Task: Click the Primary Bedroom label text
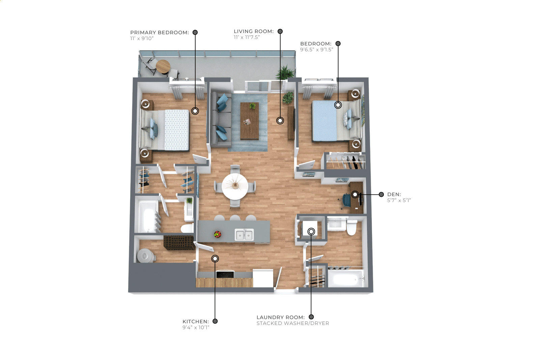(159, 33)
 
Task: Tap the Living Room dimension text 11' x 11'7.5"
(247, 37)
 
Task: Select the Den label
(394, 194)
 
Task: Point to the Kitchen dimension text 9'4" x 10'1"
(196, 327)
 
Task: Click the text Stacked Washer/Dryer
(293, 323)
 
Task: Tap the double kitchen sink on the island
(244, 235)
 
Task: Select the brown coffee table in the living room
(250, 121)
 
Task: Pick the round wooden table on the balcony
(163, 66)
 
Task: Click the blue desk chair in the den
(345, 201)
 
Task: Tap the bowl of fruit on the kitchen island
(218, 234)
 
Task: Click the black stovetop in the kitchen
(225, 274)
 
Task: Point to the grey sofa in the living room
(221, 120)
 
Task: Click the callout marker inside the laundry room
(311, 232)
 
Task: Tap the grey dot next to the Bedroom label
(338, 43)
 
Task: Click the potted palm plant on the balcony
(285, 72)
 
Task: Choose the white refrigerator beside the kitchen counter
(263, 278)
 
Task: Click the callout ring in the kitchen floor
(215, 259)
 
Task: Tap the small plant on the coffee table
(252, 106)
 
